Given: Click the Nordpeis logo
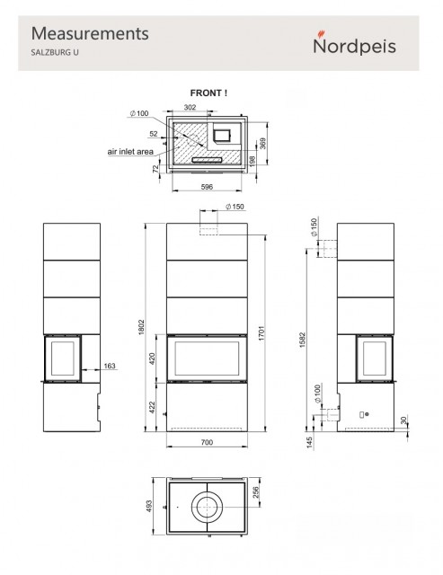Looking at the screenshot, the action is pyautogui.click(x=354, y=43).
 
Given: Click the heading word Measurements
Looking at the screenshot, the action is pyautogui.click(x=90, y=33).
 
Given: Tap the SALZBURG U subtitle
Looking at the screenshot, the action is pyautogui.click(x=55, y=52).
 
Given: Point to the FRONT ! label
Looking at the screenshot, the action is pyautogui.click(x=208, y=93).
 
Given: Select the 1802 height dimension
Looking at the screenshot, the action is pyautogui.click(x=142, y=327).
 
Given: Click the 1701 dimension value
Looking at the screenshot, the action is pyautogui.click(x=261, y=333).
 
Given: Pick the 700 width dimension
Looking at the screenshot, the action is pyautogui.click(x=207, y=442).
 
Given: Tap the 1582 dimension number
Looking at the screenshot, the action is pyautogui.click(x=302, y=340).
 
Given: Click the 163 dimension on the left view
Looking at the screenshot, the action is pyautogui.click(x=110, y=366).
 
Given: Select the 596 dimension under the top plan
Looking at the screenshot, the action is pyautogui.click(x=207, y=187).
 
